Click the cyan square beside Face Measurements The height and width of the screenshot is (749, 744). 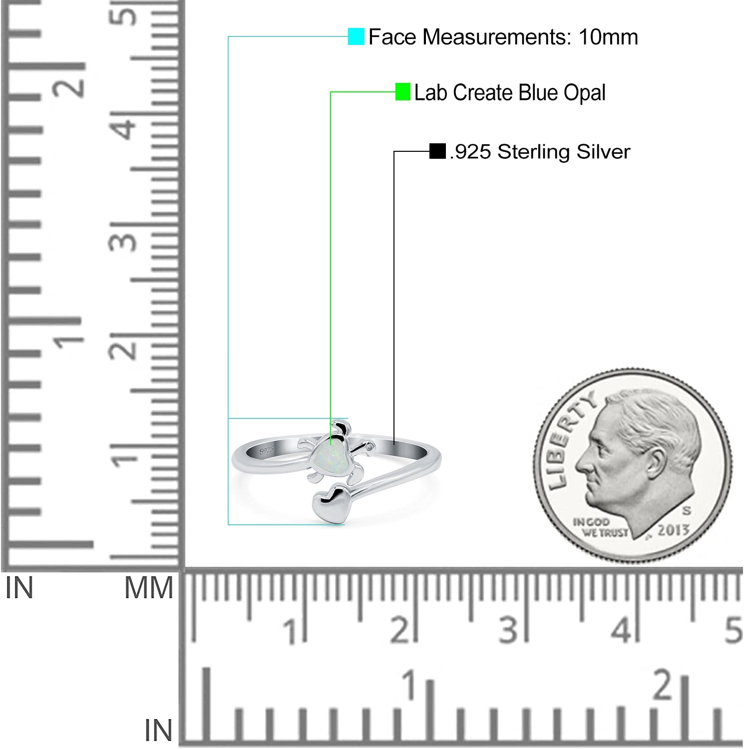pos(356,36)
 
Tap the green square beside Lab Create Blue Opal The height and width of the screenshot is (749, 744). pos(402,92)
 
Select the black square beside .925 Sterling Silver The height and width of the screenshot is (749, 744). pos(437,151)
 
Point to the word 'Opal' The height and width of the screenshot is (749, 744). pos(585,93)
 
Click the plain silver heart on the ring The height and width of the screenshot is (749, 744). pos(329,505)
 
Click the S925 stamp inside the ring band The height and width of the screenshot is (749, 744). pos(267,450)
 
